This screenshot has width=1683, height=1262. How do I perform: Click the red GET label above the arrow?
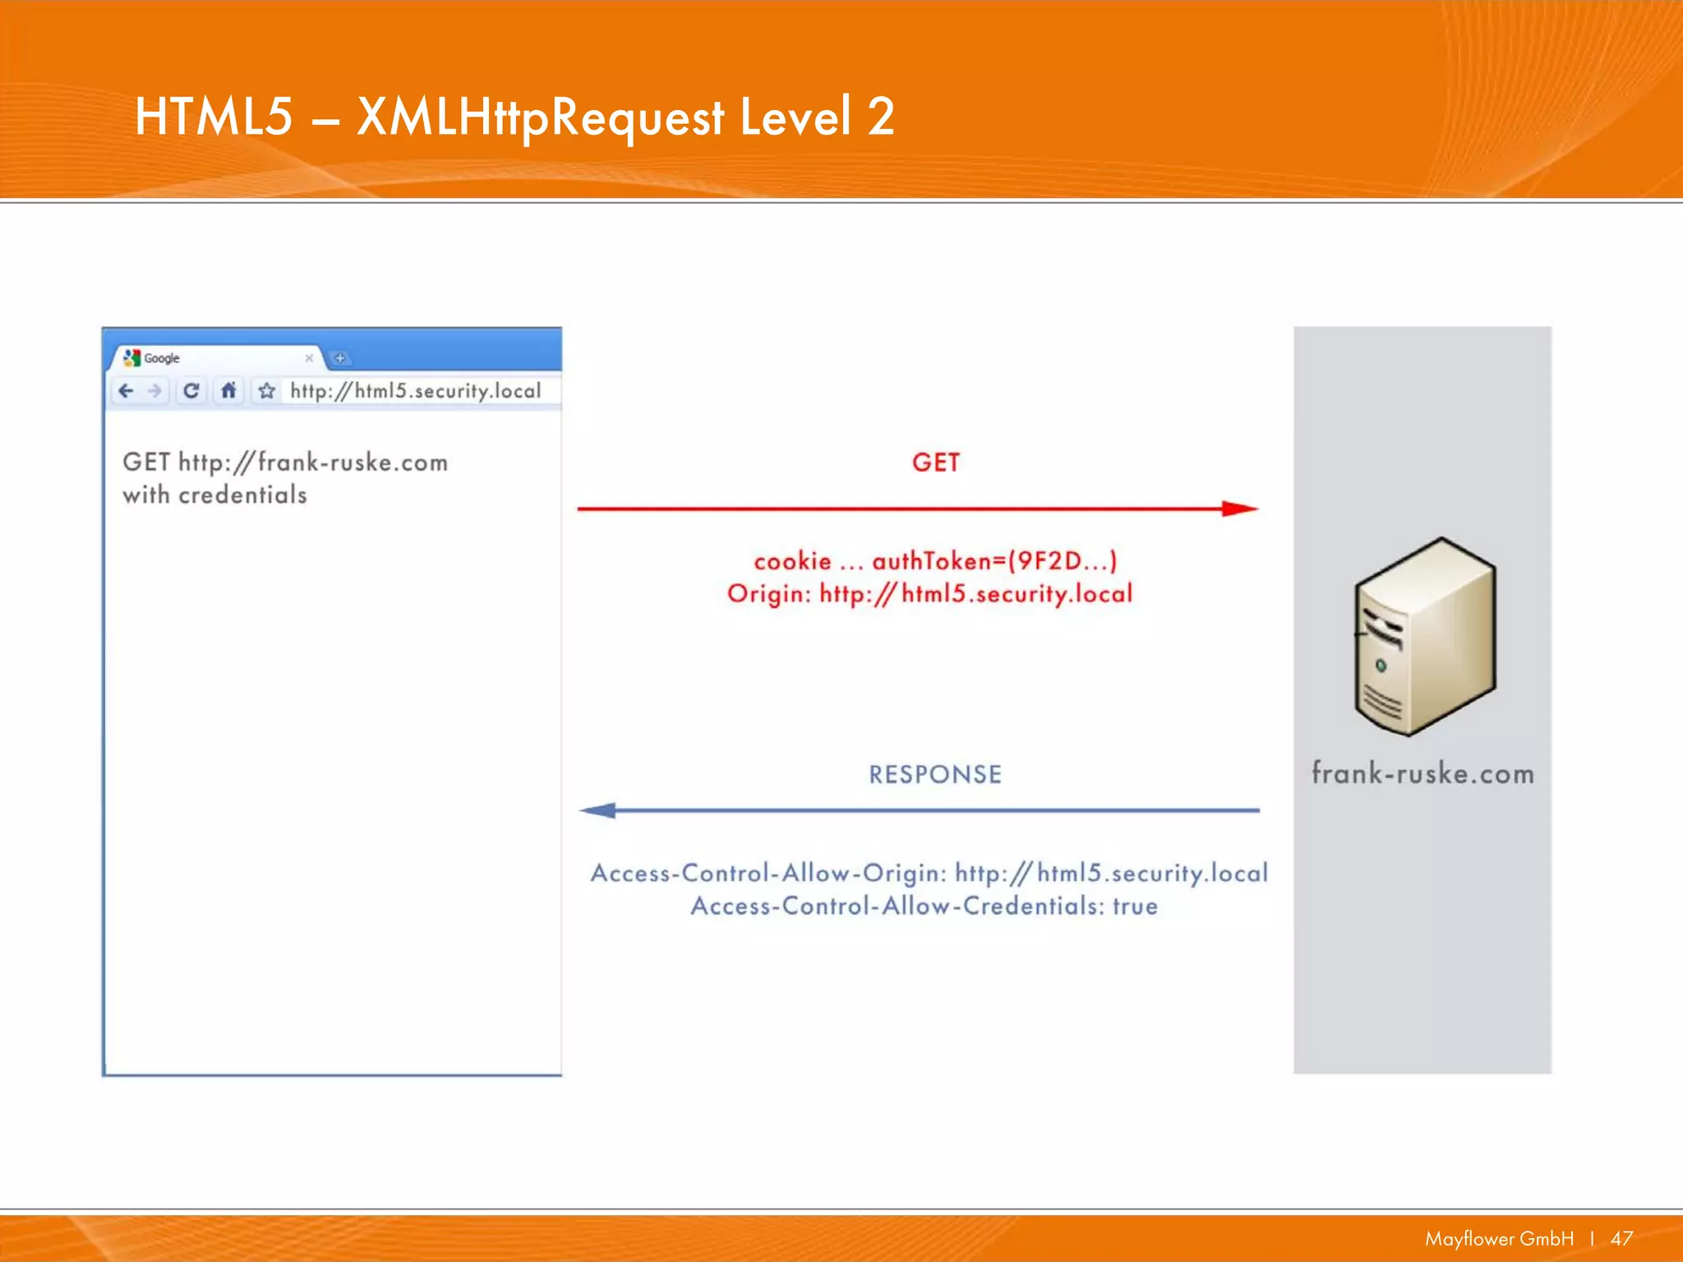(x=935, y=463)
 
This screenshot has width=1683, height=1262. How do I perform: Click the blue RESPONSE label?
(x=935, y=775)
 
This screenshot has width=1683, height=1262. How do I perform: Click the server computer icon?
(x=1424, y=637)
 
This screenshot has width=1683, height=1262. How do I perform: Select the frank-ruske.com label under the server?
(x=1422, y=774)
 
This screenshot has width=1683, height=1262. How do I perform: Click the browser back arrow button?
(x=126, y=391)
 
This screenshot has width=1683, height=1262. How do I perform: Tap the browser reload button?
(x=191, y=391)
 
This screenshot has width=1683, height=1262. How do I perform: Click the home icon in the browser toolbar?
(x=228, y=391)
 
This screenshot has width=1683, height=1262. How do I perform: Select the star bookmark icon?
(x=266, y=391)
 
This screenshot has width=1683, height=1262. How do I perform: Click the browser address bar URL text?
(x=415, y=391)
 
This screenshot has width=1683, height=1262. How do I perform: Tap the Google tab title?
(x=161, y=358)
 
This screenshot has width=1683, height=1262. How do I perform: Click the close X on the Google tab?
(x=309, y=358)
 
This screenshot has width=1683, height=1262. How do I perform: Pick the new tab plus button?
(x=339, y=358)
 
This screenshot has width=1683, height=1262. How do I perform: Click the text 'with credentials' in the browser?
(x=214, y=495)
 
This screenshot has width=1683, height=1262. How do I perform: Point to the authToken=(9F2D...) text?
(x=994, y=561)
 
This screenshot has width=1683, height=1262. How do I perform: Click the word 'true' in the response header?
(x=1135, y=906)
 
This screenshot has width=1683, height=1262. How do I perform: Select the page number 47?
(x=1621, y=1238)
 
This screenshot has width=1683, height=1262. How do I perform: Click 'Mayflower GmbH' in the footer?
(x=1499, y=1238)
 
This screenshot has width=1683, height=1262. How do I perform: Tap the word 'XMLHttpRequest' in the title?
(x=541, y=117)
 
